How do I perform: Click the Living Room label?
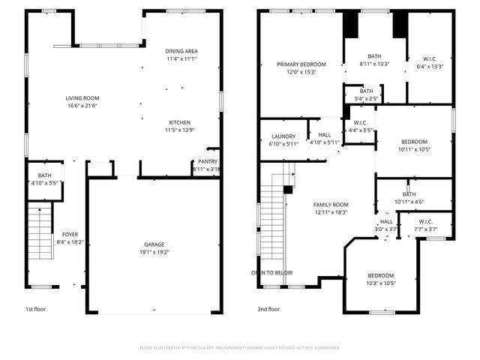(82, 98)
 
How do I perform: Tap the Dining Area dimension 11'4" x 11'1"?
(181, 58)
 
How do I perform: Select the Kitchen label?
(179, 121)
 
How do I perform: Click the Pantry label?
(207, 161)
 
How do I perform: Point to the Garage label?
(154, 244)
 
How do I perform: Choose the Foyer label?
(70, 234)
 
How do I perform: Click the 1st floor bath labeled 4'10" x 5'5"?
(44, 175)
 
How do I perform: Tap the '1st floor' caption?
(36, 308)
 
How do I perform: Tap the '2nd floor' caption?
(268, 308)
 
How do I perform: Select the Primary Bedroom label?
(298, 64)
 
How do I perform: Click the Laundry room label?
(283, 136)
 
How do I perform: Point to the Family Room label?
(331, 205)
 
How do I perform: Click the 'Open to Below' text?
(272, 272)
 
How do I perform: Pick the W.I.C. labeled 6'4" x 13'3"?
(430, 59)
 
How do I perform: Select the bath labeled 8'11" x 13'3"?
(374, 55)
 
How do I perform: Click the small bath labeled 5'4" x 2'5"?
(366, 91)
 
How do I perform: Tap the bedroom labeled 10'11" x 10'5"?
(414, 142)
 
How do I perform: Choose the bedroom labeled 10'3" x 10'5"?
(380, 276)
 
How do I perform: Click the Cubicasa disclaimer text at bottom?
(240, 347)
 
